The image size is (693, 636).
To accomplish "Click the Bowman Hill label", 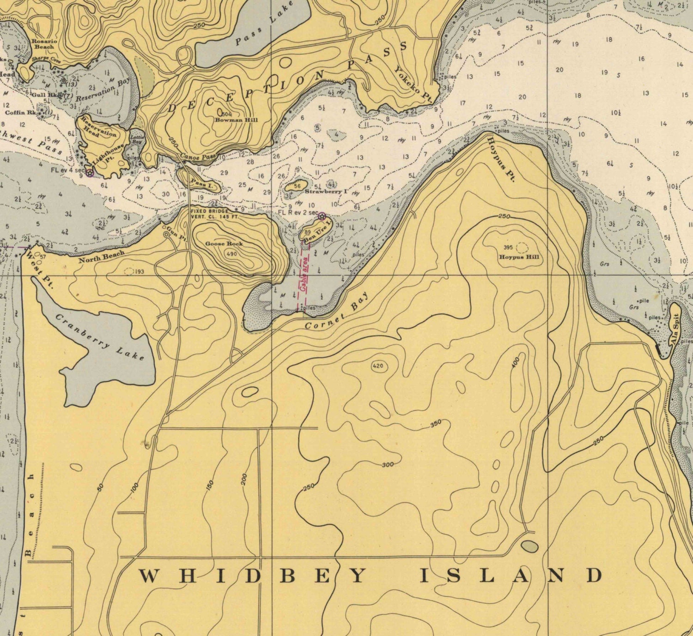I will click(236, 120).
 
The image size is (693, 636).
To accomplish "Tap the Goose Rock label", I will click(224, 244).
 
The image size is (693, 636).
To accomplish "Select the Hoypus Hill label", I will click(518, 257).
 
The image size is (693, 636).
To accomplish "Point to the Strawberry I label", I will click(326, 191).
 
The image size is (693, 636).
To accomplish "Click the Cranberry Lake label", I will click(100, 337).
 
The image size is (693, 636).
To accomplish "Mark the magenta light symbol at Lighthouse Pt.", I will click(90, 173).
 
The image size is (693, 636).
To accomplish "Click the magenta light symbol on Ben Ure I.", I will click(322, 216).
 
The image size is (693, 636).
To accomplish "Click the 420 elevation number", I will click(377, 366).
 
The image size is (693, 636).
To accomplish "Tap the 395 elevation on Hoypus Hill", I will click(508, 248).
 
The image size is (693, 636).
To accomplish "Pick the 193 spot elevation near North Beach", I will click(139, 271).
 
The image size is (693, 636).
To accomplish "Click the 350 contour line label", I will click(436, 423).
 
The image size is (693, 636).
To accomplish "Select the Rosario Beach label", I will click(43, 44).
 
